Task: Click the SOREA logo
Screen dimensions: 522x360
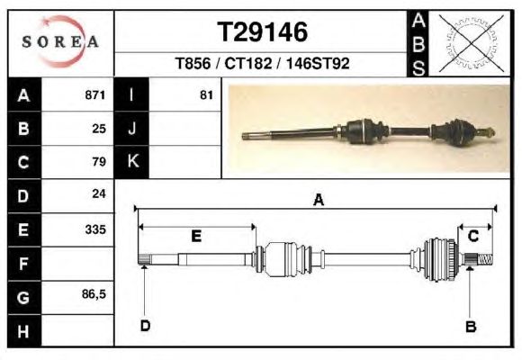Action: (60, 41)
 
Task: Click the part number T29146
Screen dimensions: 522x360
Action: (262, 32)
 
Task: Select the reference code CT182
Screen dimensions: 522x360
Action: (248, 63)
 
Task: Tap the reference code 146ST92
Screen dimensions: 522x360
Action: (318, 63)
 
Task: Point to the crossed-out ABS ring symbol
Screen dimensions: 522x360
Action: (471, 43)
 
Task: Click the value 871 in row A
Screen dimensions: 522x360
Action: (95, 95)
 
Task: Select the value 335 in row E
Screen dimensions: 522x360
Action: (95, 229)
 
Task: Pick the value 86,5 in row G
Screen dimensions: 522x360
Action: (94, 294)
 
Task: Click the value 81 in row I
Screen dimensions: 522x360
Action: (206, 95)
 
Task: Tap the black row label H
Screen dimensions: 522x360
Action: (24, 331)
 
